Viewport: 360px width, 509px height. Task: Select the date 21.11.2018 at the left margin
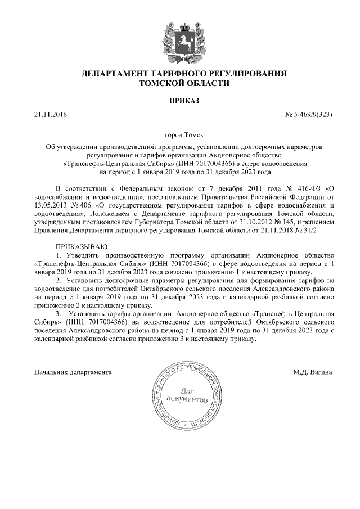[x=50, y=115]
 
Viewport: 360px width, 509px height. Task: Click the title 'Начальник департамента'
[x=73, y=372]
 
